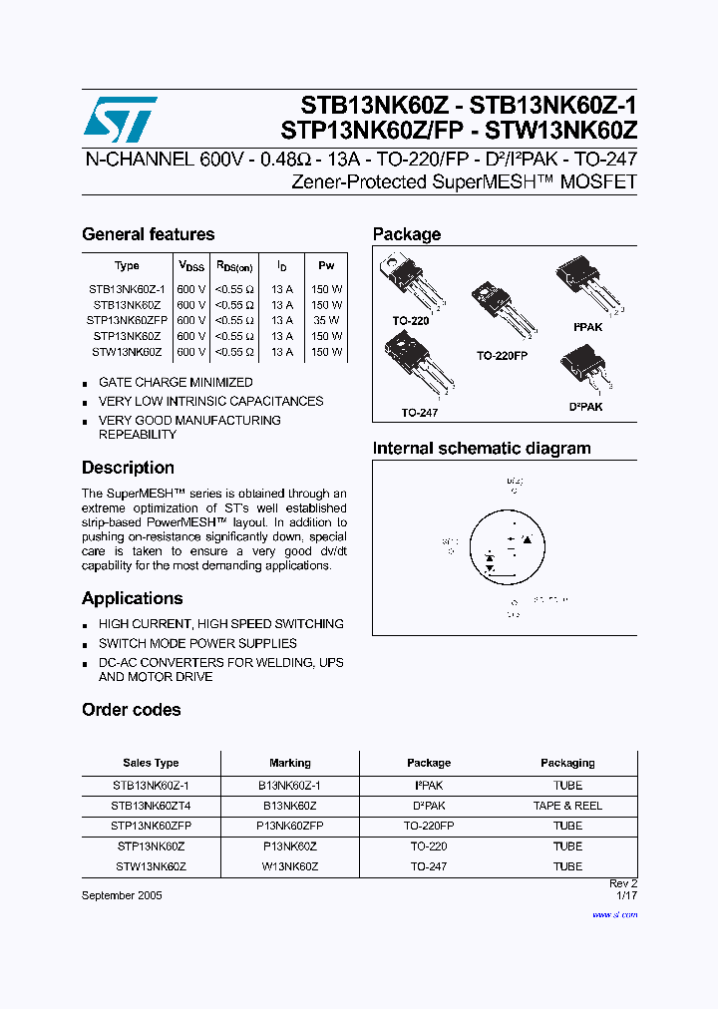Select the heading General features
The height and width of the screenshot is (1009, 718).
pos(148,234)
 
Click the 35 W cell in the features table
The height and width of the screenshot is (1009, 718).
pos(326,321)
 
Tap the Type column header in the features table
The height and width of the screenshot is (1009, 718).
pos(127,266)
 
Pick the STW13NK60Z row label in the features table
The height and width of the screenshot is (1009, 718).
pos(126,352)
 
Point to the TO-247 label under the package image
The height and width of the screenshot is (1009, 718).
pos(420,412)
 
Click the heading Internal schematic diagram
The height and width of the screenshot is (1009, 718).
pos(482,449)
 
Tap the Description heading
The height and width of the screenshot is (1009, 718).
pos(128,468)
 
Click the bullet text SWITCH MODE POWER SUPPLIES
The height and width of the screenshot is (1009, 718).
pos(197,643)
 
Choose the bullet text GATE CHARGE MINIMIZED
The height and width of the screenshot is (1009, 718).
pos(176,382)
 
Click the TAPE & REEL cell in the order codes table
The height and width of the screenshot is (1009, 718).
pos(567,806)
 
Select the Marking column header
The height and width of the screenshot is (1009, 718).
pos(290,763)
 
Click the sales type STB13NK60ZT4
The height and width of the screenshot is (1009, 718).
pos(151,806)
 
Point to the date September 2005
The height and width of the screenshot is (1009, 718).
pos(122,895)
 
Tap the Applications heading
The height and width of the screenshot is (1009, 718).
pos(132,598)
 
